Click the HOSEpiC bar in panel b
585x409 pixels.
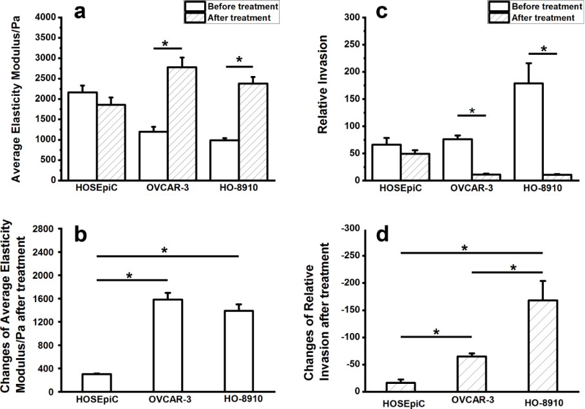click(x=96, y=383)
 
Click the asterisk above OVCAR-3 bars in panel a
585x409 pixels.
click(x=166, y=44)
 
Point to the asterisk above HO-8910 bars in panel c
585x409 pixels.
click(x=543, y=49)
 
